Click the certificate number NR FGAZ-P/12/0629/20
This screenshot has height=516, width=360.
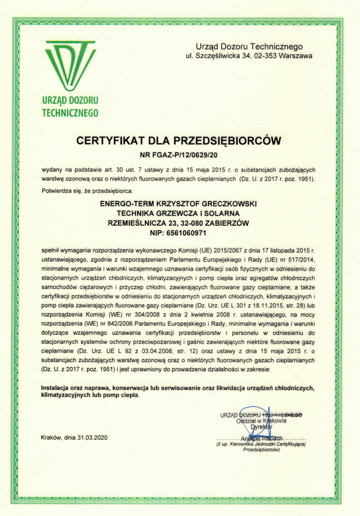[179, 156]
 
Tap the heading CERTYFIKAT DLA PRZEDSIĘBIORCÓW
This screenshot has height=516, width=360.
[179, 141]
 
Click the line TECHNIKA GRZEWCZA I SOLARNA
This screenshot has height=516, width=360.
[179, 213]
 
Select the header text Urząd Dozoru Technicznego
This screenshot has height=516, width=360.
[249, 46]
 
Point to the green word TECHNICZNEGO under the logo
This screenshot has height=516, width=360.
[70, 112]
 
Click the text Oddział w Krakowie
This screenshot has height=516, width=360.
[262, 421]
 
